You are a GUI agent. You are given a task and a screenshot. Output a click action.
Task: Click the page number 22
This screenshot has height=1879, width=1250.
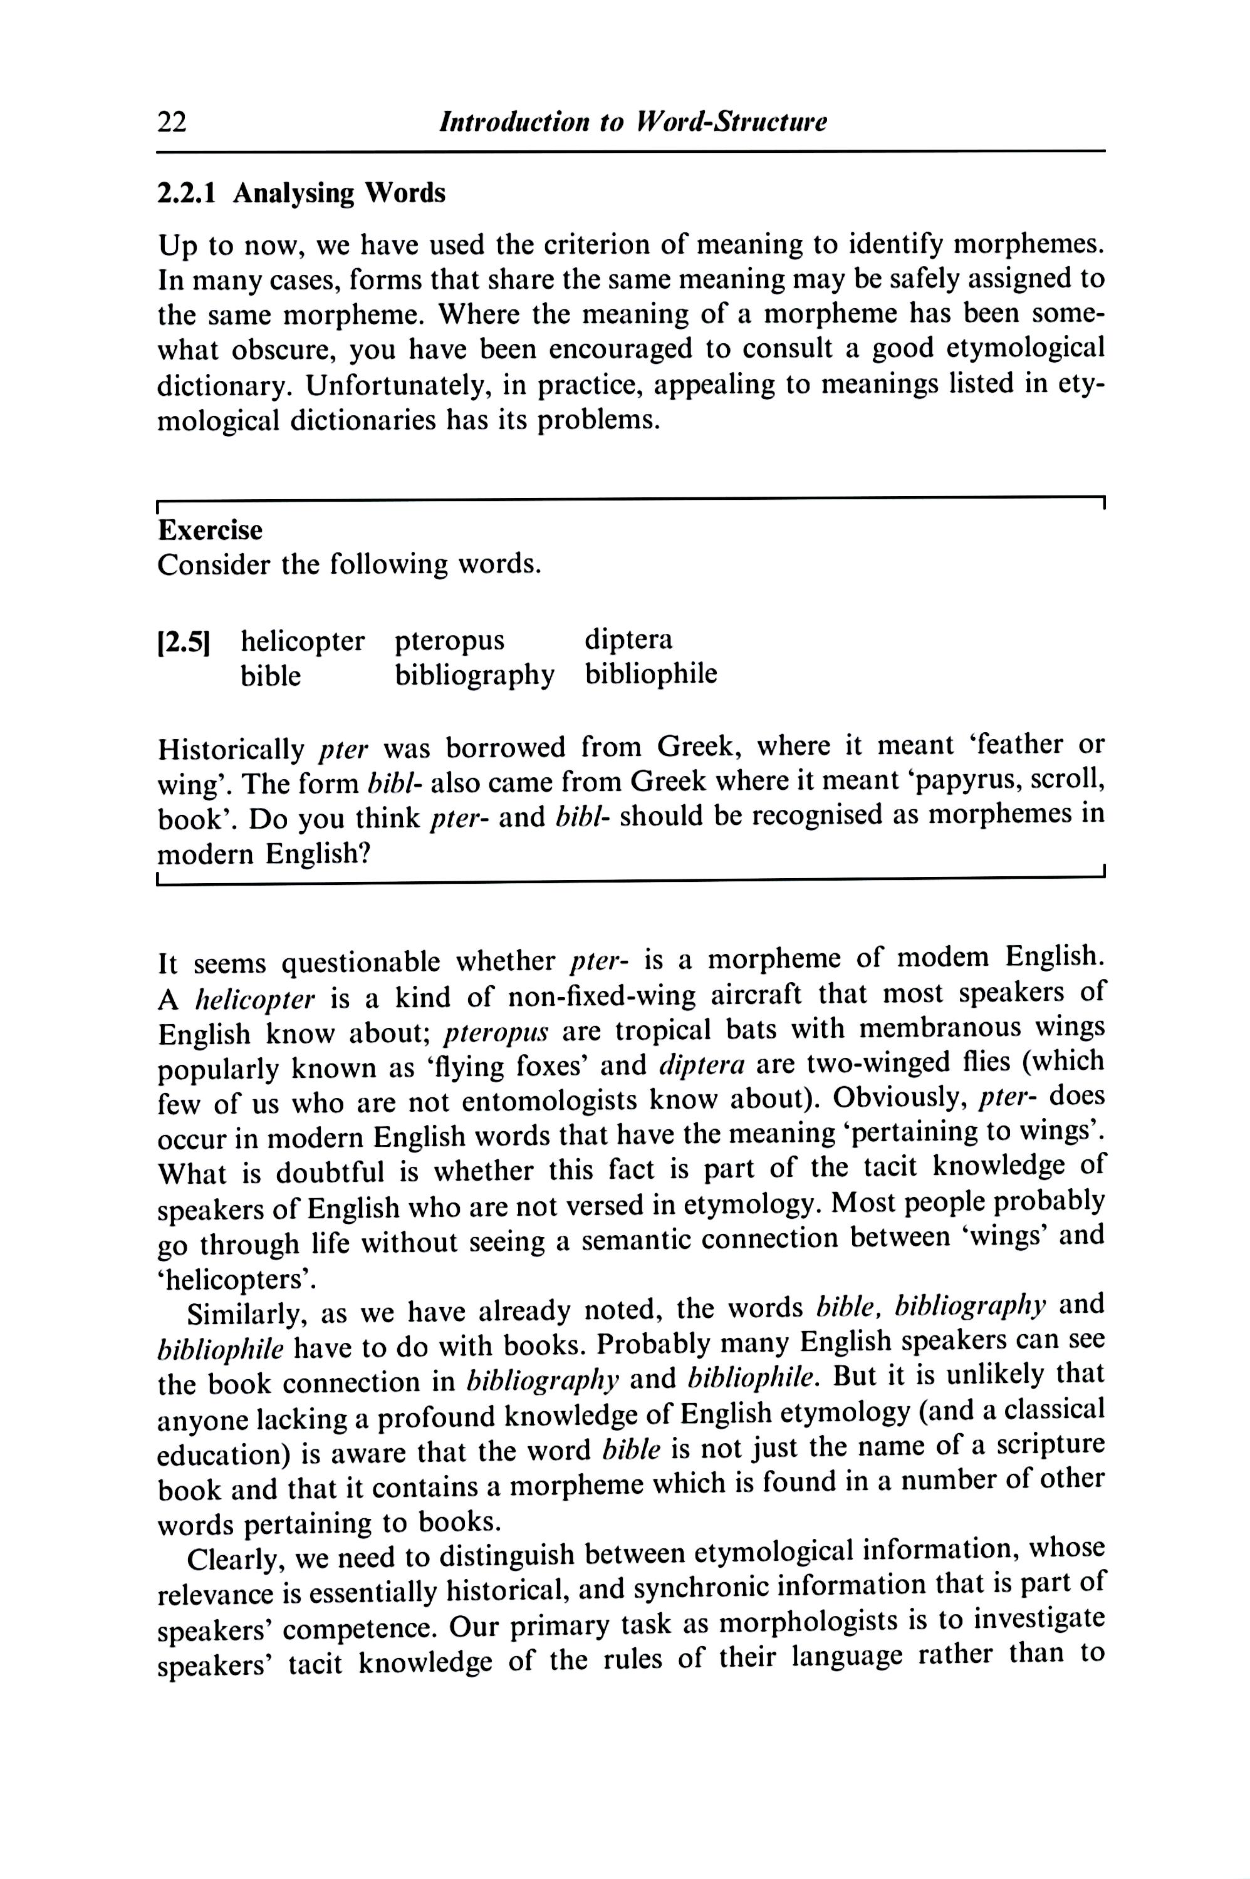pos(172,123)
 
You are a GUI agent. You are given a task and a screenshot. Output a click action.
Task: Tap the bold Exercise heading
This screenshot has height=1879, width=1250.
pos(211,530)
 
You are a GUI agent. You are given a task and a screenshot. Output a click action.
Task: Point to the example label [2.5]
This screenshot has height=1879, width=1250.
pos(184,642)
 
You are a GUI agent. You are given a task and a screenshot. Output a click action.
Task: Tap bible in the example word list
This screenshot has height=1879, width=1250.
pos(271,676)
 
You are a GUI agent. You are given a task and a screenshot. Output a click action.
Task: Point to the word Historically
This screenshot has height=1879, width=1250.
pos(232,749)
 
